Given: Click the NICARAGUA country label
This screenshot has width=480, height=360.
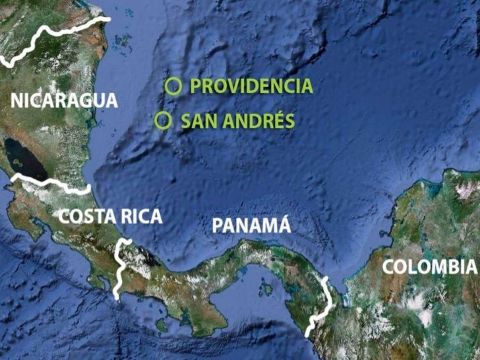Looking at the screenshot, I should point(65,101).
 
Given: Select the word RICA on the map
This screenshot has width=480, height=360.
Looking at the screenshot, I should point(140,216).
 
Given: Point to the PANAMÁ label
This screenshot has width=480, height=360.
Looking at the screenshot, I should point(251,225).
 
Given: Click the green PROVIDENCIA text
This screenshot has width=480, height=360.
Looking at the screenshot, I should point(251,86).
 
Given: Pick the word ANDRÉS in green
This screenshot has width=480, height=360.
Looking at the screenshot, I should point(253,121).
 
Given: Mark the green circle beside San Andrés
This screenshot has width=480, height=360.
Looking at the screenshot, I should point(163,121).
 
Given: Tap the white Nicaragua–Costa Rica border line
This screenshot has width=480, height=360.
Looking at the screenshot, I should point(53,184).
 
